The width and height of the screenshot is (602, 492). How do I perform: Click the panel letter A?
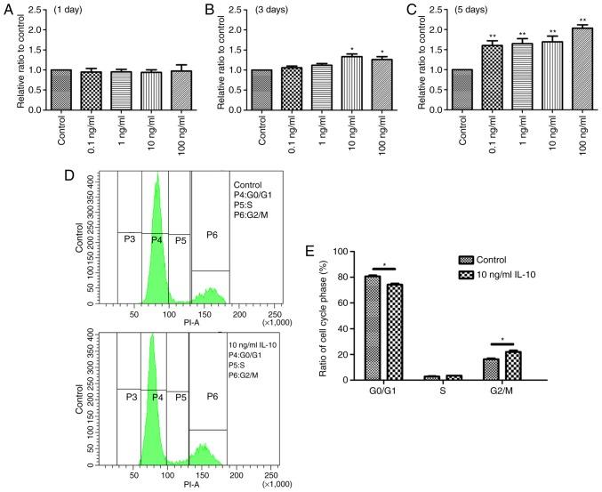pos(8,8)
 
